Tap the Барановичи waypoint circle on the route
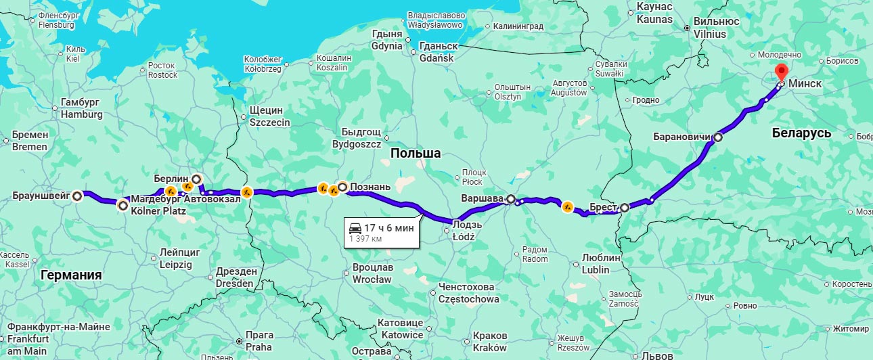tap(717, 137)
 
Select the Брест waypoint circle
tap(624, 208)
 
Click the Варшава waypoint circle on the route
tap(511, 200)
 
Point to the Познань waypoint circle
tap(342, 187)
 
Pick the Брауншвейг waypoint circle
tap(78, 196)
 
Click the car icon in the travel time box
tap(355, 228)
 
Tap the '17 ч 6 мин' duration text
tap(388, 228)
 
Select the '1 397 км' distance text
tap(366, 239)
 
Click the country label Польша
tap(416, 154)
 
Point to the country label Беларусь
tap(801, 133)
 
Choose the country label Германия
tap(71, 275)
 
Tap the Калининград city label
tap(518, 26)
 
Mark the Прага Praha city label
tap(259, 341)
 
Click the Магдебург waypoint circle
tap(122, 205)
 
